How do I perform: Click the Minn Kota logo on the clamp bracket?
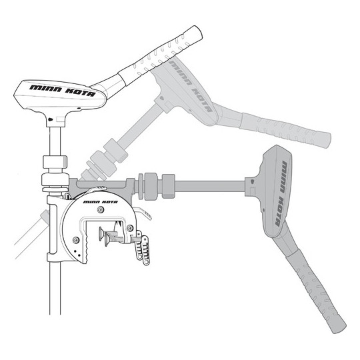[x=100, y=202]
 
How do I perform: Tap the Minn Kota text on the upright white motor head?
[x=63, y=91]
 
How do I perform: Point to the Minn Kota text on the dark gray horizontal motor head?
[x=281, y=193]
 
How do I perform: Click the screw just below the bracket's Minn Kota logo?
[x=99, y=209]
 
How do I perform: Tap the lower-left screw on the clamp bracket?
[x=76, y=240]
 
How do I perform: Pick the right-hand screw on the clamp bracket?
[x=130, y=228]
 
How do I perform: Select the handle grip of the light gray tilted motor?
[x=286, y=130]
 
